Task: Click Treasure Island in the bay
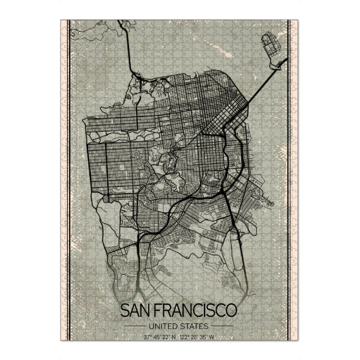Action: coord(273,44)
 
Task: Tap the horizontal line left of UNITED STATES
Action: coord(135,326)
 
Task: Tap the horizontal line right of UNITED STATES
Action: coord(223,326)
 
